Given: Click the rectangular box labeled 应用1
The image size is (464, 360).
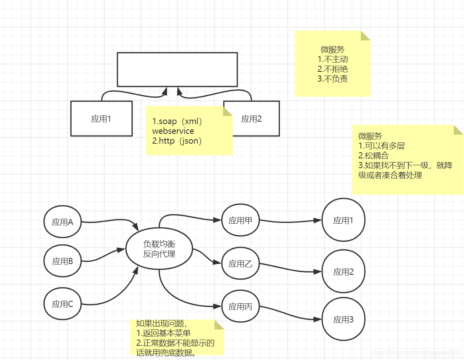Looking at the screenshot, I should point(101,118).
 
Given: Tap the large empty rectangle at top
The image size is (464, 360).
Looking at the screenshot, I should point(177,69).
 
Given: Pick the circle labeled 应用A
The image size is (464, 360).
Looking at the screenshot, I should point(62,222).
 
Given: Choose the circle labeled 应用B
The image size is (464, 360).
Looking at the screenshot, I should point(62,261).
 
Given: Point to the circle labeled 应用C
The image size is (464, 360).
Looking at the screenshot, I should point(62,304).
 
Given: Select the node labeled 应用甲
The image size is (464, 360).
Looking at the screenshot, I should point(240,220).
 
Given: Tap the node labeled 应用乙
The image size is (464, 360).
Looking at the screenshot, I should point(240,264).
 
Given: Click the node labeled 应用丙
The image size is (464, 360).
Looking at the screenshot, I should point(240,307).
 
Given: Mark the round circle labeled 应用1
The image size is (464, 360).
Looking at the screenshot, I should point(343,220).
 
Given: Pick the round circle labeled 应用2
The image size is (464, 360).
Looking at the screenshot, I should point(343,272).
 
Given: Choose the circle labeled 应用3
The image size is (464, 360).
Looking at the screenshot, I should point(343,320).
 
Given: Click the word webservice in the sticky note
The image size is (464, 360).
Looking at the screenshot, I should point(173,131).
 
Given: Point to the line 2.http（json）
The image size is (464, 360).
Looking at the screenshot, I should point(177,141).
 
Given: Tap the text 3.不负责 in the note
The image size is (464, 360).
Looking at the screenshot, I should point(333,79).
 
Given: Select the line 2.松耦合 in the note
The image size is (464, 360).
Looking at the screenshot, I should point(373,156).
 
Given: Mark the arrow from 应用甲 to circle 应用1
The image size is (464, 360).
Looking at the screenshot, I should point(290,221).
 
